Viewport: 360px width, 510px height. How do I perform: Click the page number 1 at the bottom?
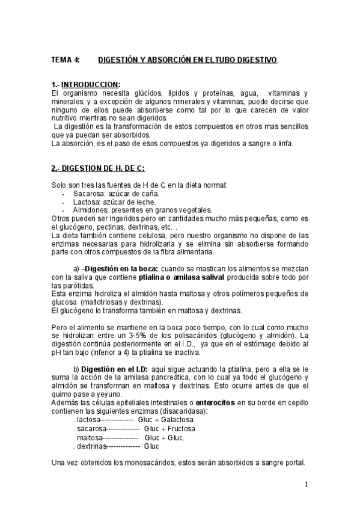306,485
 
